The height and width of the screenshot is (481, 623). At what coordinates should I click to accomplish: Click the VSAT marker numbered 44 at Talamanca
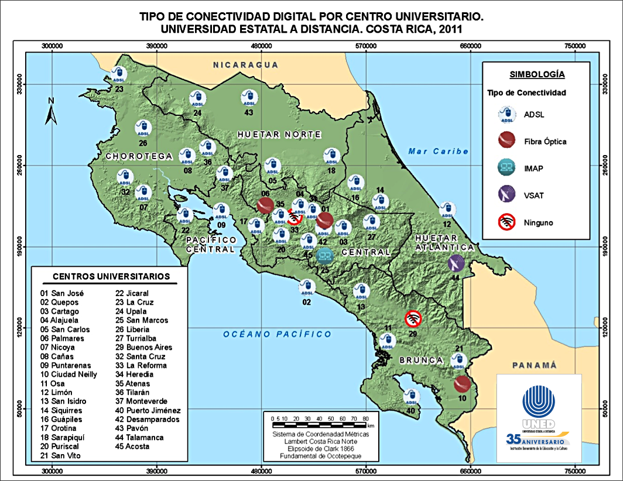pos(456,263)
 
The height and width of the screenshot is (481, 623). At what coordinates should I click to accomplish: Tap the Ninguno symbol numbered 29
pos(413,318)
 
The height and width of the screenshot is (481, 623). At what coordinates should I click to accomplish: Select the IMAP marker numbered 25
pos(324,255)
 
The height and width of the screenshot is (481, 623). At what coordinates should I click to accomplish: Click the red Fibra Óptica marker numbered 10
pos(463,384)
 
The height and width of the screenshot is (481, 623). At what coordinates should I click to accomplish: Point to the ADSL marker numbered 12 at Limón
pos(447,209)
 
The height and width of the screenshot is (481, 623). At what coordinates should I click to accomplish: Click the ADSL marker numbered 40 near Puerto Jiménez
pos(411,397)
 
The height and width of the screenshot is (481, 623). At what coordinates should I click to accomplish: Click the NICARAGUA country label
pos(245,64)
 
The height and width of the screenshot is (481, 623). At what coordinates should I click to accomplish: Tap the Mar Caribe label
pos(439,151)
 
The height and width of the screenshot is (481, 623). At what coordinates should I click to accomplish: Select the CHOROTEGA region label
pos(139,156)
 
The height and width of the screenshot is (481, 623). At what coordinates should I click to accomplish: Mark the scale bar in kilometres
pos(320,421)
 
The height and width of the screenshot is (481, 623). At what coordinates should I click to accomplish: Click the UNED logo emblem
pos(538,404)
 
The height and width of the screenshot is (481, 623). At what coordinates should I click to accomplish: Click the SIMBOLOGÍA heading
pos(537,74)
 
